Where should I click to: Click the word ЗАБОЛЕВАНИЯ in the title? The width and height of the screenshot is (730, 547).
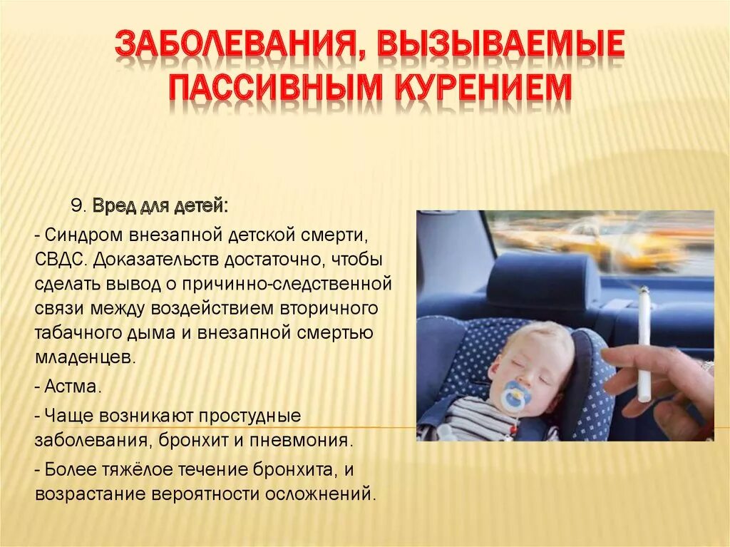click(232, 46)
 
